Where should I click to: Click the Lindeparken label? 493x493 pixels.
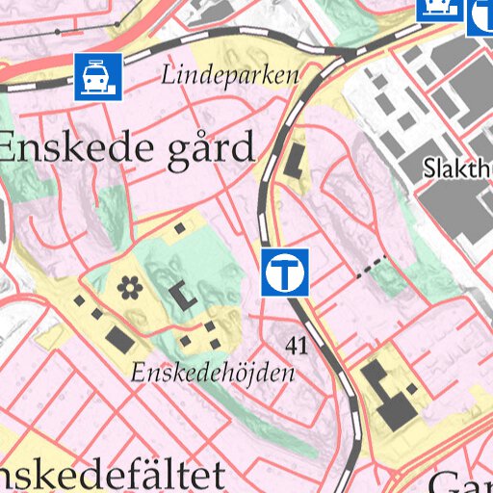tap(230, 75)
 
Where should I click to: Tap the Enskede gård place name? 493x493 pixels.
tap(126, 148)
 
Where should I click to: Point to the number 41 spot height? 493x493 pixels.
tap(297, 345)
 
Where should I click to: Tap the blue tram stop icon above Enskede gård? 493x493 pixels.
tap(99, 77)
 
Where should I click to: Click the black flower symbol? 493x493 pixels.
tap(129, 286)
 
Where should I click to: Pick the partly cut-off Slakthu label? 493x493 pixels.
tap(457, 169)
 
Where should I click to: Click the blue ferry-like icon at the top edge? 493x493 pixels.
tap(435, 9)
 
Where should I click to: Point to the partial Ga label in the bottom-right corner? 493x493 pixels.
tap(460, 481)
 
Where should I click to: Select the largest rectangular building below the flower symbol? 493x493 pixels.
tap(118, 338)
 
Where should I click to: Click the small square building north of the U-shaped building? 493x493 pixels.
tap(180, 229)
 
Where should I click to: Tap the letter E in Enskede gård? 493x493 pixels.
tap(12, 148)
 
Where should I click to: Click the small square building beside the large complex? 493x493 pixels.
tap(412, 387)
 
